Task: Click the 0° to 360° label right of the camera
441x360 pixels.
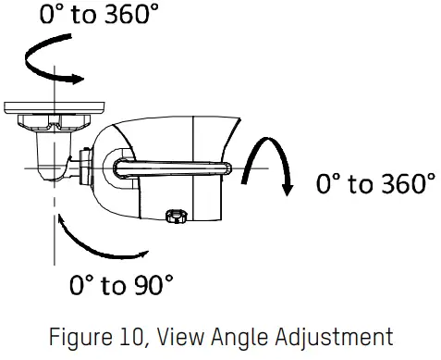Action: click(x=374, y=184)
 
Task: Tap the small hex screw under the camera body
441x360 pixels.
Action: click(x=171, y=217)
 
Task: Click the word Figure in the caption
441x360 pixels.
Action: click(x=80, y=336)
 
